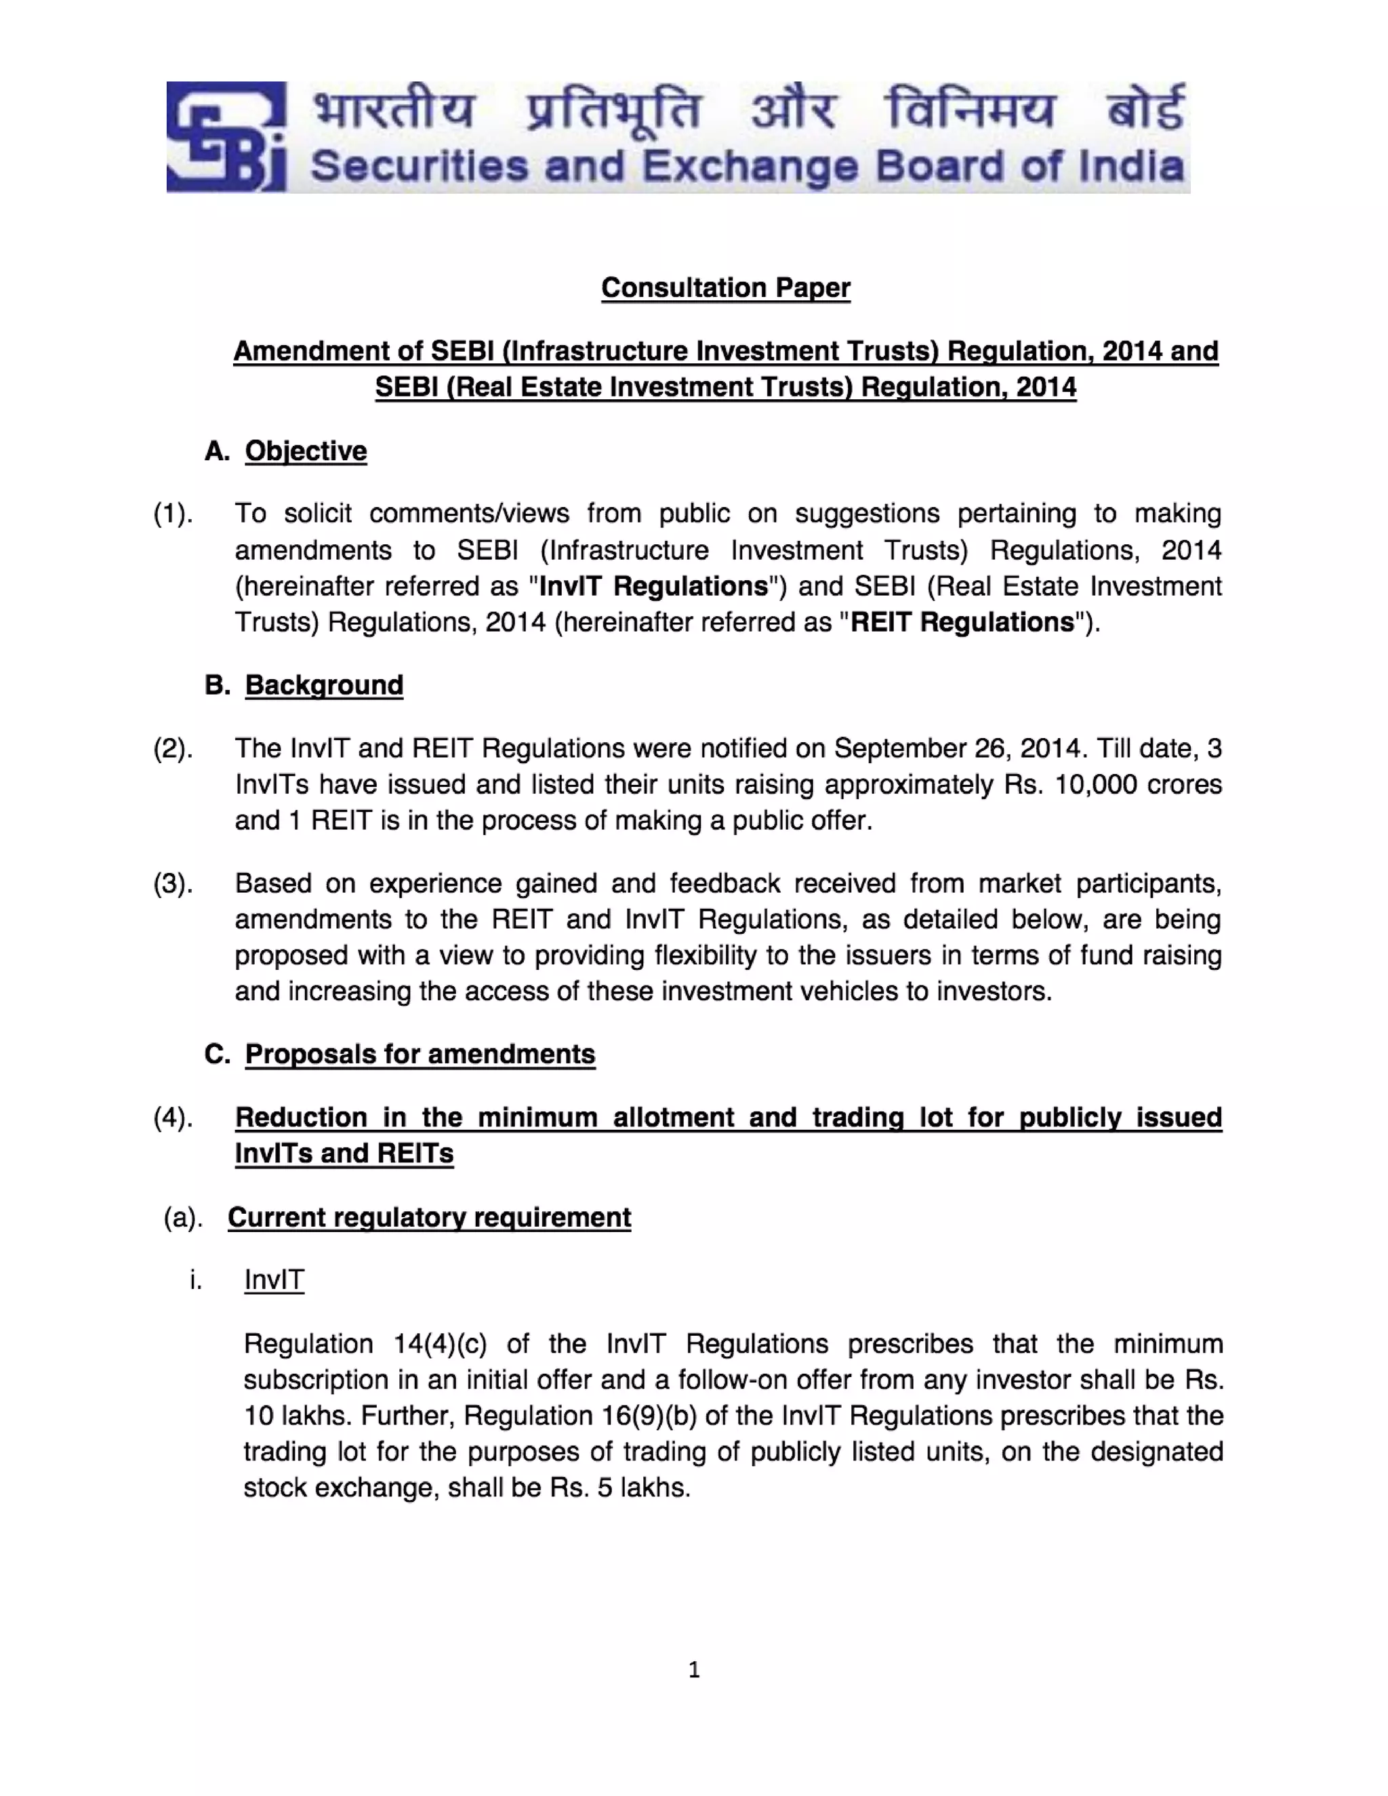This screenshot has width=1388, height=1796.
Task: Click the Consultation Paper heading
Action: (x=725, y=288)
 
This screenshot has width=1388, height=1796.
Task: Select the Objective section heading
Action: (x=305, y=451)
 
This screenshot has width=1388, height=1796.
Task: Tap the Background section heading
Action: (x=324, y=685)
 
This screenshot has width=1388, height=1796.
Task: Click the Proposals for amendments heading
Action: (x=420, y=1055)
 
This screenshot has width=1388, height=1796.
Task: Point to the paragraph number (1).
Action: (x=173, y=514)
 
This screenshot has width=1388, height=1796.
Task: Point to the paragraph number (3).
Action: (x=173, y=883)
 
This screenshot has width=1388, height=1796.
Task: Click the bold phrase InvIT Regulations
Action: (x=653, y=586)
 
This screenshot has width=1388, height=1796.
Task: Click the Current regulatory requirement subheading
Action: (x=429, y=1218)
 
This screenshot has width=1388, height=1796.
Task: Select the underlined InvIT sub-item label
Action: (x=274, y=1280)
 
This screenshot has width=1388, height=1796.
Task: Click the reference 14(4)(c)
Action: (x=440, y=1345)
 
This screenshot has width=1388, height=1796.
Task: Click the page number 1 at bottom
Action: (x=694, y=1669)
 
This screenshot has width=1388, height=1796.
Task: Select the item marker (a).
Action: (x=182, y=1218)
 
